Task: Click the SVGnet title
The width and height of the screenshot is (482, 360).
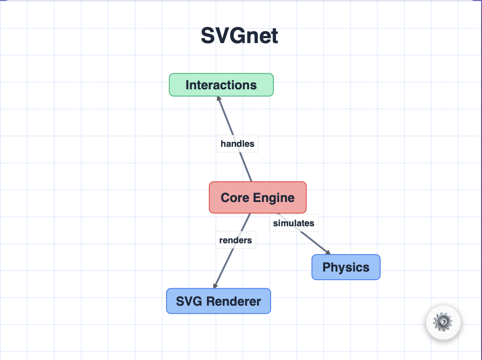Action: (x=239, y=36)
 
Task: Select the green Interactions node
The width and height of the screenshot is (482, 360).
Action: (x=221, y=85)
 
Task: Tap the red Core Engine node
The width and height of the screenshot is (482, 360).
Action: (x=258, y=198)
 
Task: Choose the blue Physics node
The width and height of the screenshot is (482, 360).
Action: (x=346, y=267)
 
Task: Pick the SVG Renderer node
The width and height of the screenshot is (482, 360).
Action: (x=218, y=301)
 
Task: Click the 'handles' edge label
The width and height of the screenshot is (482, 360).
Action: (x=237, y=144)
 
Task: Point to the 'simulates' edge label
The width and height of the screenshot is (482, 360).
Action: (x=294, y=223)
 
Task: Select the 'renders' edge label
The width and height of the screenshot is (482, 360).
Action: (x=235, y=240)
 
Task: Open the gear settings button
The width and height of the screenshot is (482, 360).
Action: (x=443, y=322)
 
